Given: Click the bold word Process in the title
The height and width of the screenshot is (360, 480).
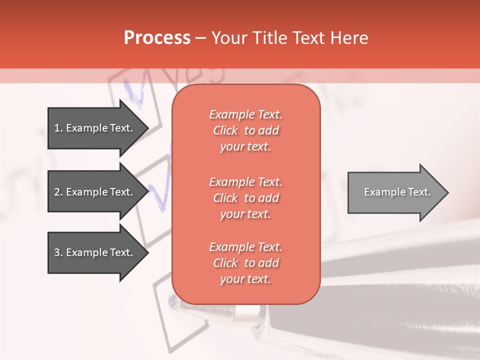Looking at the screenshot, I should click(x=157, y=38).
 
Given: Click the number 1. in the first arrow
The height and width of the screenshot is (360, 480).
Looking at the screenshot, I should click(x=58, y=128).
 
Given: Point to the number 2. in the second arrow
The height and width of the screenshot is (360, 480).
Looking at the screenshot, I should click(x=58, y=192).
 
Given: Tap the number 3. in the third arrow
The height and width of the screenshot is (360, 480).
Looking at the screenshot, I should click(x=58, y=252).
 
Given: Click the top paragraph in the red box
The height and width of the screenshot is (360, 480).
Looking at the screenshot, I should click(x=245, y=130).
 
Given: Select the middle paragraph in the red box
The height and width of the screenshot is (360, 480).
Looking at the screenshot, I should click(x=245, y=198).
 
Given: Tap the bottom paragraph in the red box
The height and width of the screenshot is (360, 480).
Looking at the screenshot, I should click(x=245, y=263).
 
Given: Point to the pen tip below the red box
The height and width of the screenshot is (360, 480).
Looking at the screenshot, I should click(x=173, y=301).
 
